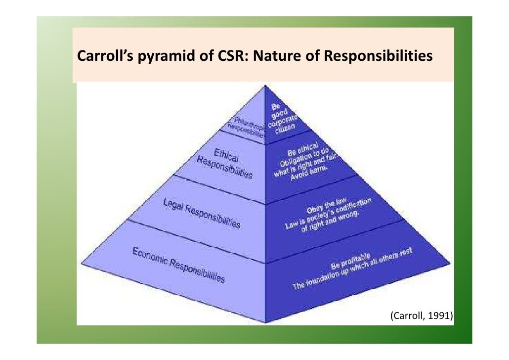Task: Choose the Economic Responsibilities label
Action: [178, 265]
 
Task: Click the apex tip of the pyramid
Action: [265, 86]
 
